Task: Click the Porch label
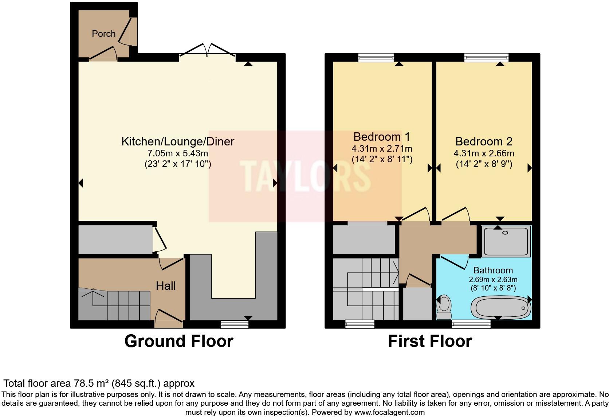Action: [103, 34]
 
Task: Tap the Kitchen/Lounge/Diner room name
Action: [177, 141]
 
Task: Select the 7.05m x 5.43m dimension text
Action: [177, 153]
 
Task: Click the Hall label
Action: [166, 286]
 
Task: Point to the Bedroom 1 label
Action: [381, 137]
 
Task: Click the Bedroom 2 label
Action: [484, 141]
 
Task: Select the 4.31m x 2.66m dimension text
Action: [484, 153]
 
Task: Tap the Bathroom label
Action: [493, 270]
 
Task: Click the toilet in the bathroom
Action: [444, 307]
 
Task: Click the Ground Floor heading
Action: [178, 342]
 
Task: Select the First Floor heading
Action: [430, 342]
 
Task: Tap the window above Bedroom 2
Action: [486, 57]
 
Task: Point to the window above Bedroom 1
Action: [376, 57]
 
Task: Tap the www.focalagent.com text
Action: [389, 413]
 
